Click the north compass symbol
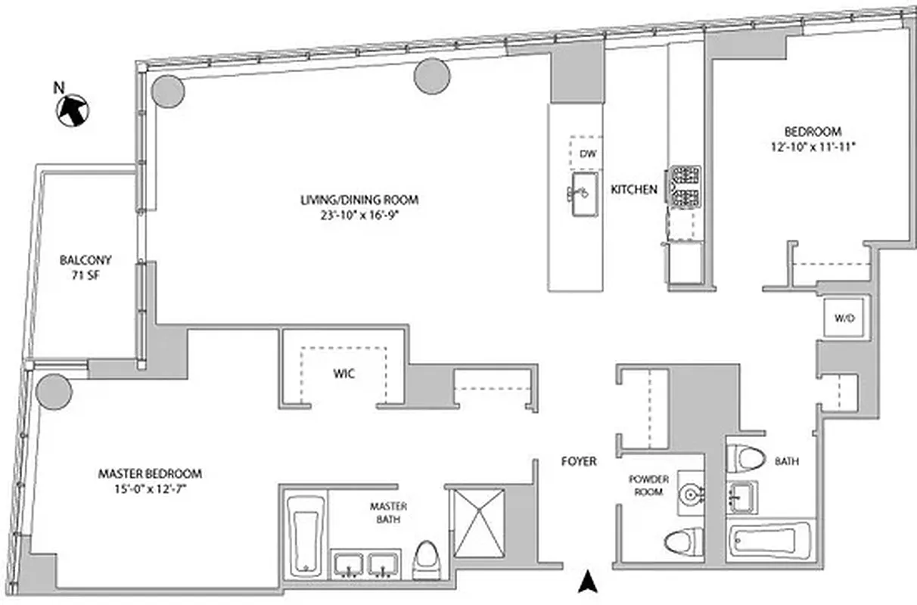(73, 110)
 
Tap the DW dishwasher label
(588, 154)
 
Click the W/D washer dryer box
(844, 318)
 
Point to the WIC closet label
(344, 374)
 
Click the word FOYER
(579, 461)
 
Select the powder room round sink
(690, 492)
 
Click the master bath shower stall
(477, 523)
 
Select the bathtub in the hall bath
(769, 541)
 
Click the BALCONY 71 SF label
(85, 267)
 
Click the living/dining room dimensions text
(359, 214)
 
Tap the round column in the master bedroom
(54, 391)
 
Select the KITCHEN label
(634, 190)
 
